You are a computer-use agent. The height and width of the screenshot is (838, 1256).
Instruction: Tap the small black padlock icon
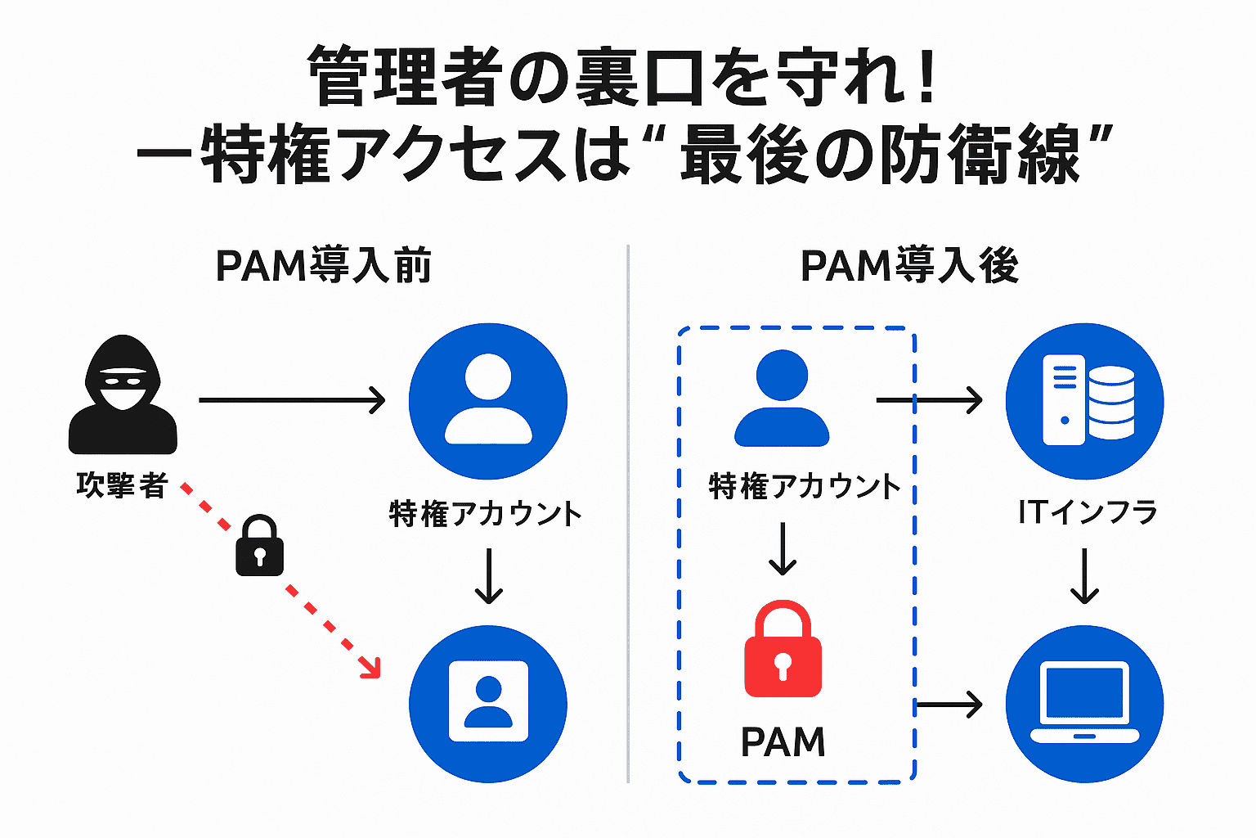tap(259, 546)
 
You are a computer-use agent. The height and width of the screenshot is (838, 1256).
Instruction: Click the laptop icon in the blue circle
tap(1084, 704)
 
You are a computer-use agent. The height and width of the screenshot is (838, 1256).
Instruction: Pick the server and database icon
tap(1084, 401)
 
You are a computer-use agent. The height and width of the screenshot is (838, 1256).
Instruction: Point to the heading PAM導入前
tap(324, 266)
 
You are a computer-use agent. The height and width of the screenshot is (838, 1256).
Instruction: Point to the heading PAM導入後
tap(909, 266)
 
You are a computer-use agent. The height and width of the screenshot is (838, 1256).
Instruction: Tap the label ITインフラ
tap(1088, 512)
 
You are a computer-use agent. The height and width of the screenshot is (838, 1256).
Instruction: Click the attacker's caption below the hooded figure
tap(122, 485)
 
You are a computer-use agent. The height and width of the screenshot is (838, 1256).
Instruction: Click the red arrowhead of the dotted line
tap(371, 668)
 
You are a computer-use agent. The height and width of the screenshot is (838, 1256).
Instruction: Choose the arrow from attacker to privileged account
tap(292, 400)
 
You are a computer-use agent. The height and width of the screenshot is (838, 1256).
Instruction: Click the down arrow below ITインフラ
tap(1084, 576)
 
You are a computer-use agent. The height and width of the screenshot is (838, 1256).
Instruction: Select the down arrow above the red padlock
tap(783, 548)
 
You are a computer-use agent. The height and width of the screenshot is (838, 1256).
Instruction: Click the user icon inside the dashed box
tap(782, 399)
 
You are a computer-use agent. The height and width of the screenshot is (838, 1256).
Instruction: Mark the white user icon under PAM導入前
tap(488, 400)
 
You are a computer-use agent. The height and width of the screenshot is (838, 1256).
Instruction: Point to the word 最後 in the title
tap(744, 155)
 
